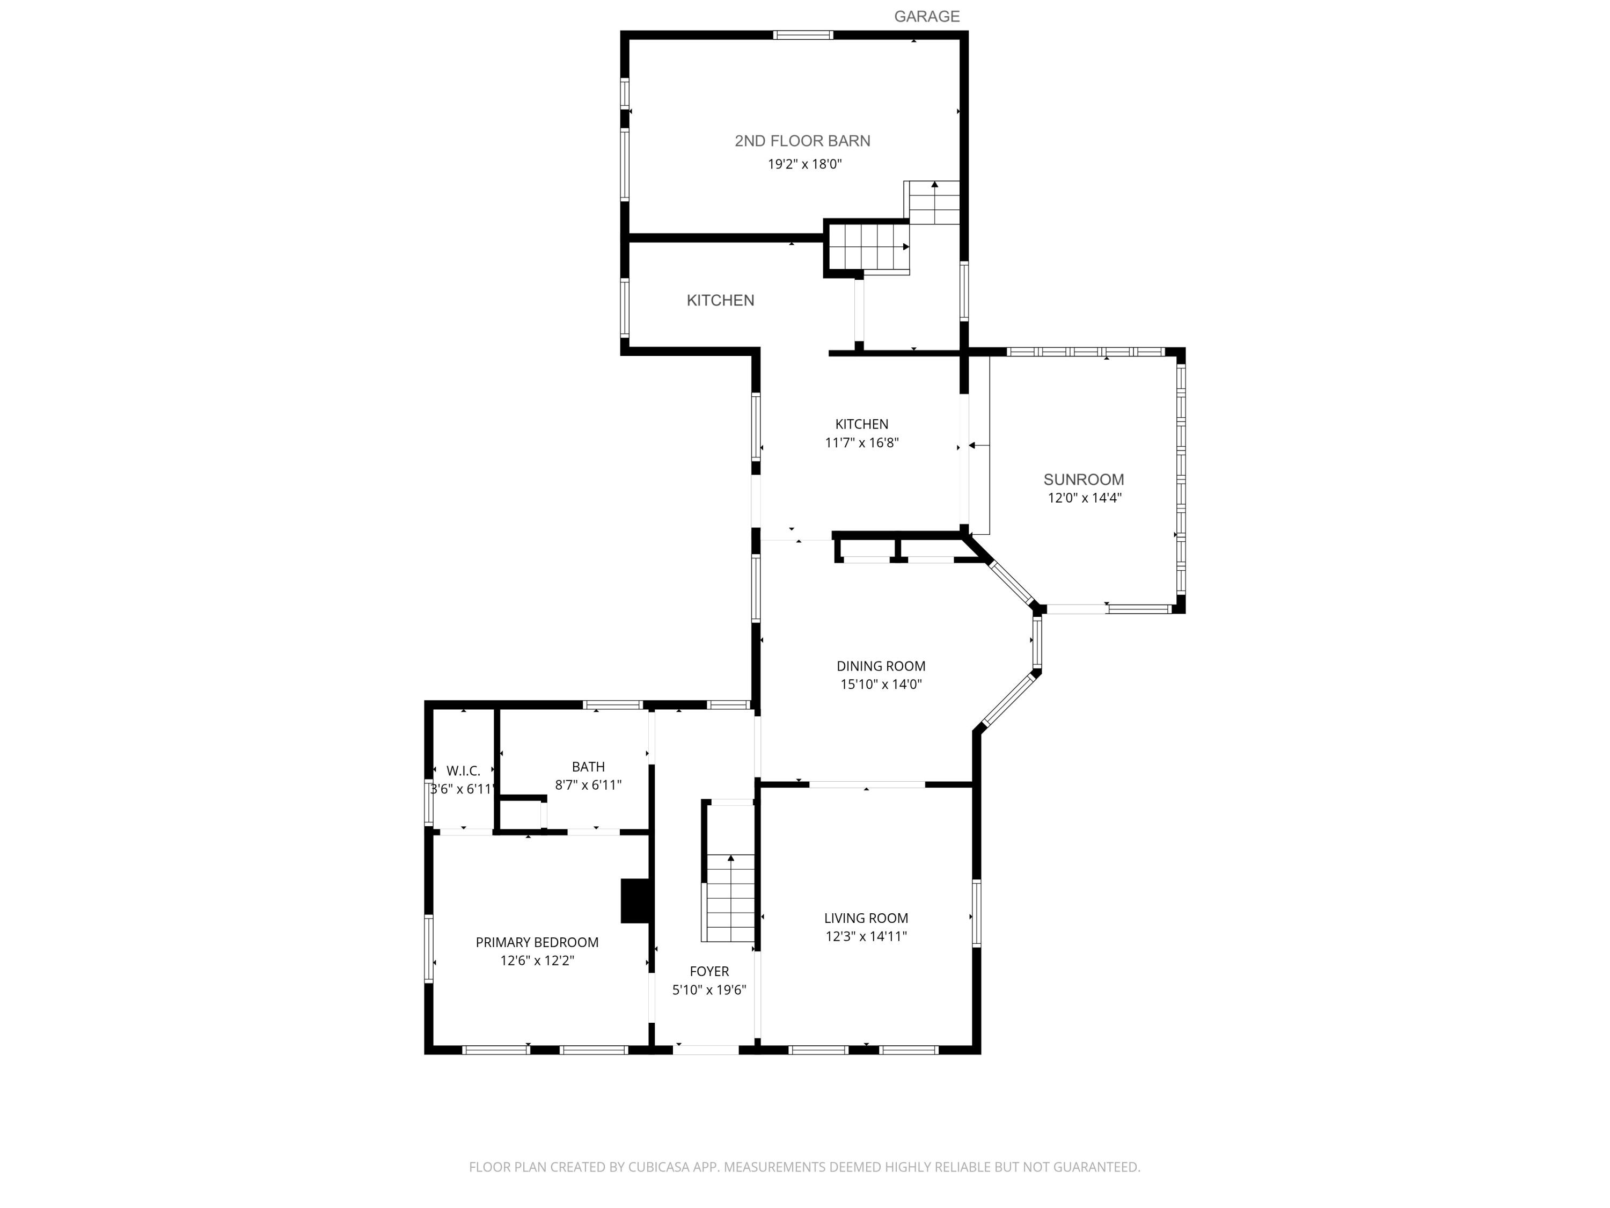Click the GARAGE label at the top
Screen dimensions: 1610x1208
click(926, 17)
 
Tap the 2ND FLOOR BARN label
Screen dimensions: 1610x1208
click(802, 141)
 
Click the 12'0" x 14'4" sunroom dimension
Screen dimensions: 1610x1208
click(1085, 499)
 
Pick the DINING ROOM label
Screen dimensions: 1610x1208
click(881, 666)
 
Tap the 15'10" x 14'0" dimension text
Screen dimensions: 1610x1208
click(881, 685)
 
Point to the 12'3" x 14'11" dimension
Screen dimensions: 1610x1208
click(866, 937)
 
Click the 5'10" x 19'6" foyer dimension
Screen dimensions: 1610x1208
click(709, 990)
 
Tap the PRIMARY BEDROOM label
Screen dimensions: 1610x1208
click(537, 943)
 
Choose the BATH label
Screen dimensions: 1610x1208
click(588, 767)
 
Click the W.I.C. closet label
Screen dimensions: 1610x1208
click(464, 771)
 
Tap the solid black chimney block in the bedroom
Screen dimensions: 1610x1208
click(635, 901)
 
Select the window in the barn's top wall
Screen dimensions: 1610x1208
click(803, 35)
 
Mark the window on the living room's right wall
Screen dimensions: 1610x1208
click(977, 913)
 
